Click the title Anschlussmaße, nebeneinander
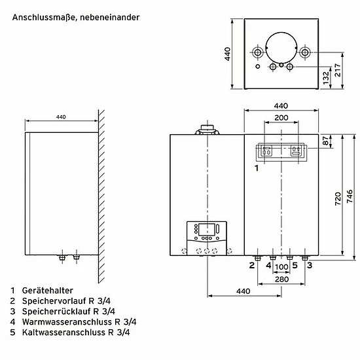tap(76, 18)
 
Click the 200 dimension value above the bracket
tap(281, 118)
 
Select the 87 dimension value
tap(325, 141)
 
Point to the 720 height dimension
tap(338, 199)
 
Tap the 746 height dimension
tap(350, 196)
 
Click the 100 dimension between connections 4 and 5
tap(281, 267)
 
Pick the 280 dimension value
tap(281, 279)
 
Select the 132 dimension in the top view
tap(326, 78)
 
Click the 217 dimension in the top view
tap(338, 70)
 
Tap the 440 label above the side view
tap(61, 117)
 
